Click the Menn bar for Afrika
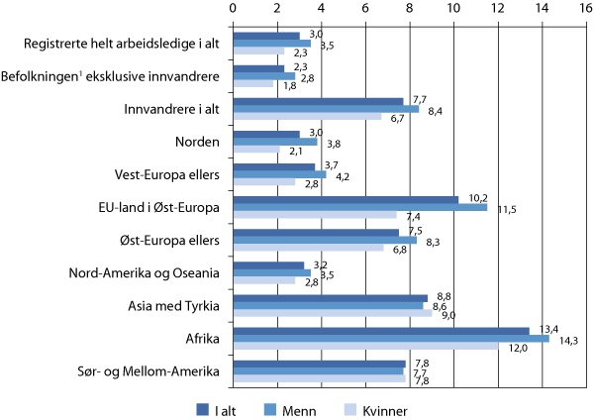click(390, 338)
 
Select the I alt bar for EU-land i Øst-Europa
click(346, 200)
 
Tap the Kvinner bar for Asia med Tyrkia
click(332, 313)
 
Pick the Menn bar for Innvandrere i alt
click(326, 109)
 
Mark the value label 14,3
click(563, 342)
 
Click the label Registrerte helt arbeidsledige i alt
click(124, 45)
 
